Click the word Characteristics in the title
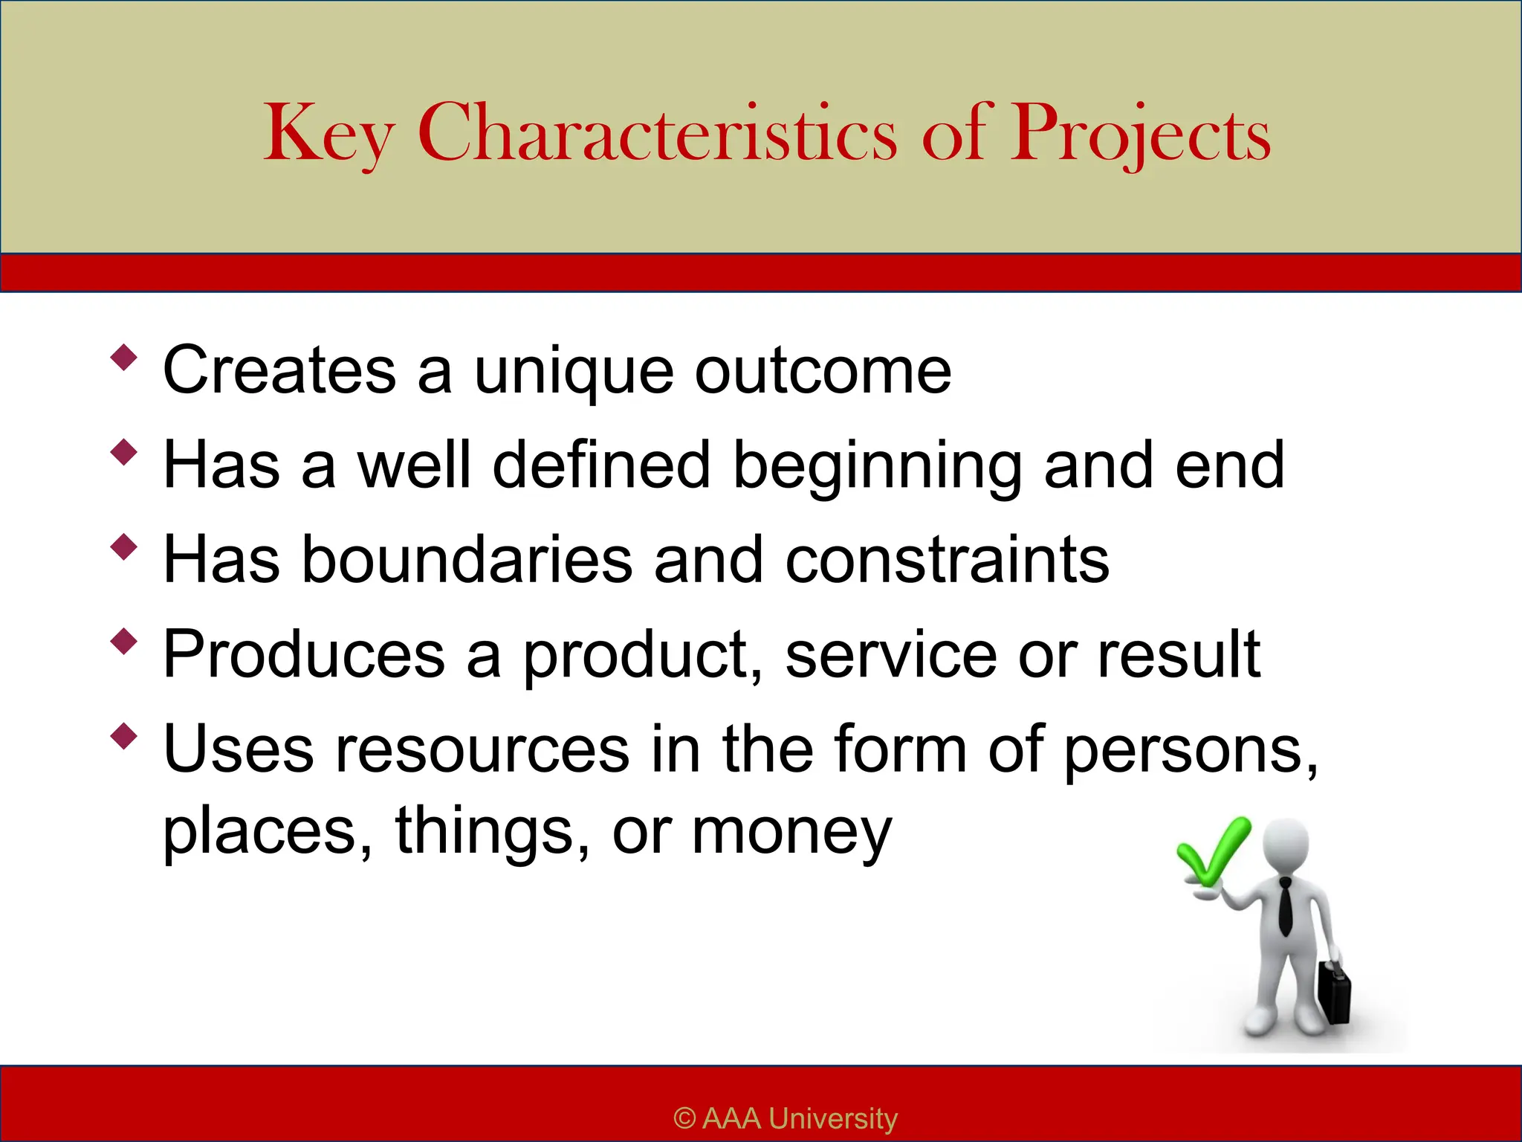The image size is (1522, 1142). coord(657,134)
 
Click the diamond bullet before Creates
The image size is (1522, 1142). coord(124,357)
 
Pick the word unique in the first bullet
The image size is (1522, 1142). coord(574,372)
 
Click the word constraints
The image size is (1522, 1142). coord(947,560)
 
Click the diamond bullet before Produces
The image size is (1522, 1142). coord(124,641)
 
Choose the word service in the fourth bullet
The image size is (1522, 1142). coord(891,654)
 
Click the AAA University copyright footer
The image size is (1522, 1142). coord(786,1118)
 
